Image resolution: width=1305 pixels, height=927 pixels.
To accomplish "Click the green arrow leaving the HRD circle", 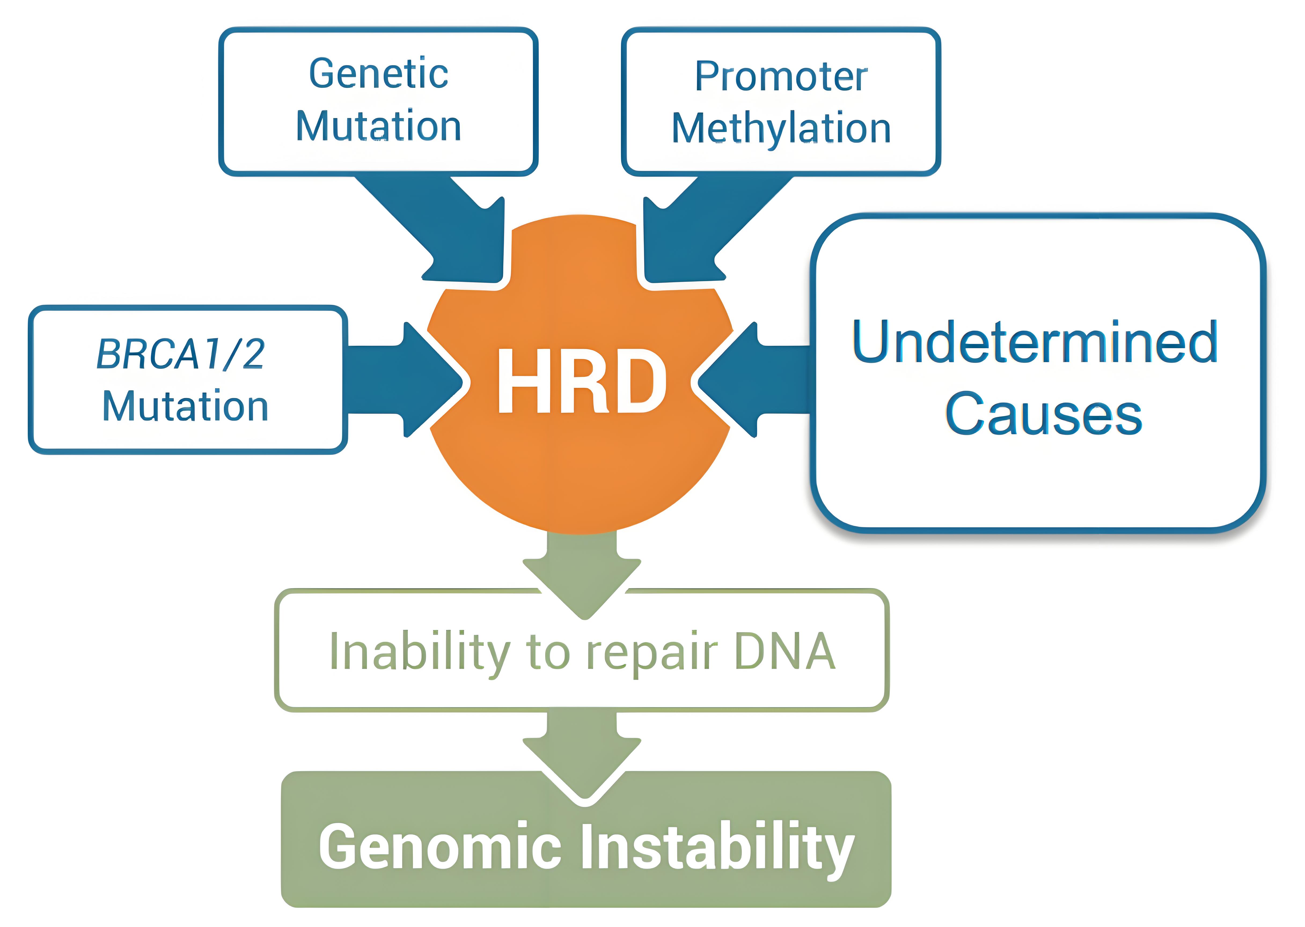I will (582, 574).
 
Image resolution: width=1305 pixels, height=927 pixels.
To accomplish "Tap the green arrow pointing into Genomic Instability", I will (582, 753).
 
